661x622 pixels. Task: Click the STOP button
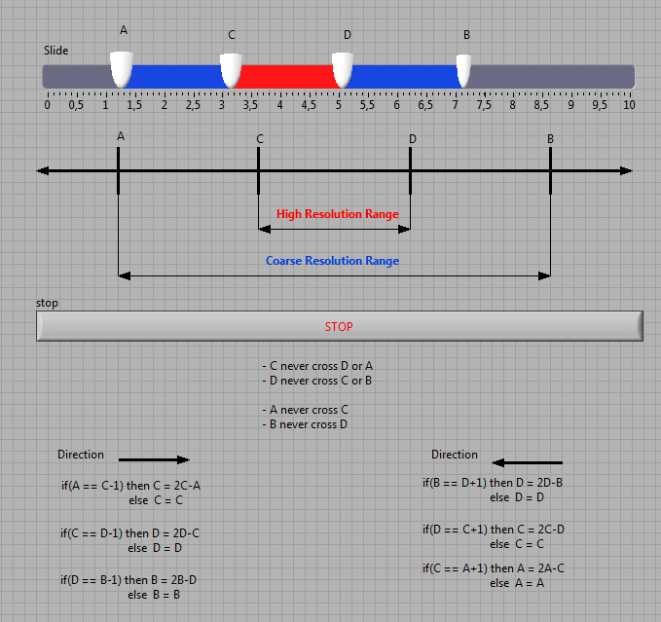click(340, 326)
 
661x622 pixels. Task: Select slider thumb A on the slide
click(122, 69)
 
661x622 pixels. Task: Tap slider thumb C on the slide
click(231, 70)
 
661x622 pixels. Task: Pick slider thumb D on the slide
click(343, 70)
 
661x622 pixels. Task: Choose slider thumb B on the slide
click(463, 70)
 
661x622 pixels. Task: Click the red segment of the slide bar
click(286, 77)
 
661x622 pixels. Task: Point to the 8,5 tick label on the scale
click(541, 105)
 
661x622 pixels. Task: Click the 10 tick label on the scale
click(629, 105)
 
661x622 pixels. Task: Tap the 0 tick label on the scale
click(47, 105)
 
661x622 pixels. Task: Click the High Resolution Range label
click(338, 214)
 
